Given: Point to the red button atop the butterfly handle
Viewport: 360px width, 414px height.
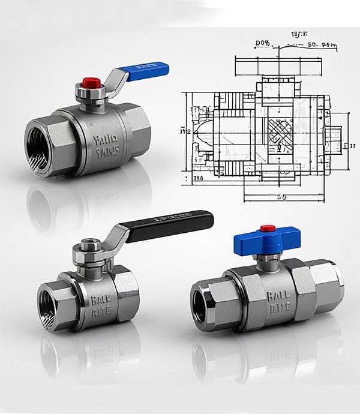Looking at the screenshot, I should (266, 229).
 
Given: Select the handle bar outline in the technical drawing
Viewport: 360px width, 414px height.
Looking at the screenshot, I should (280, 65).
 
